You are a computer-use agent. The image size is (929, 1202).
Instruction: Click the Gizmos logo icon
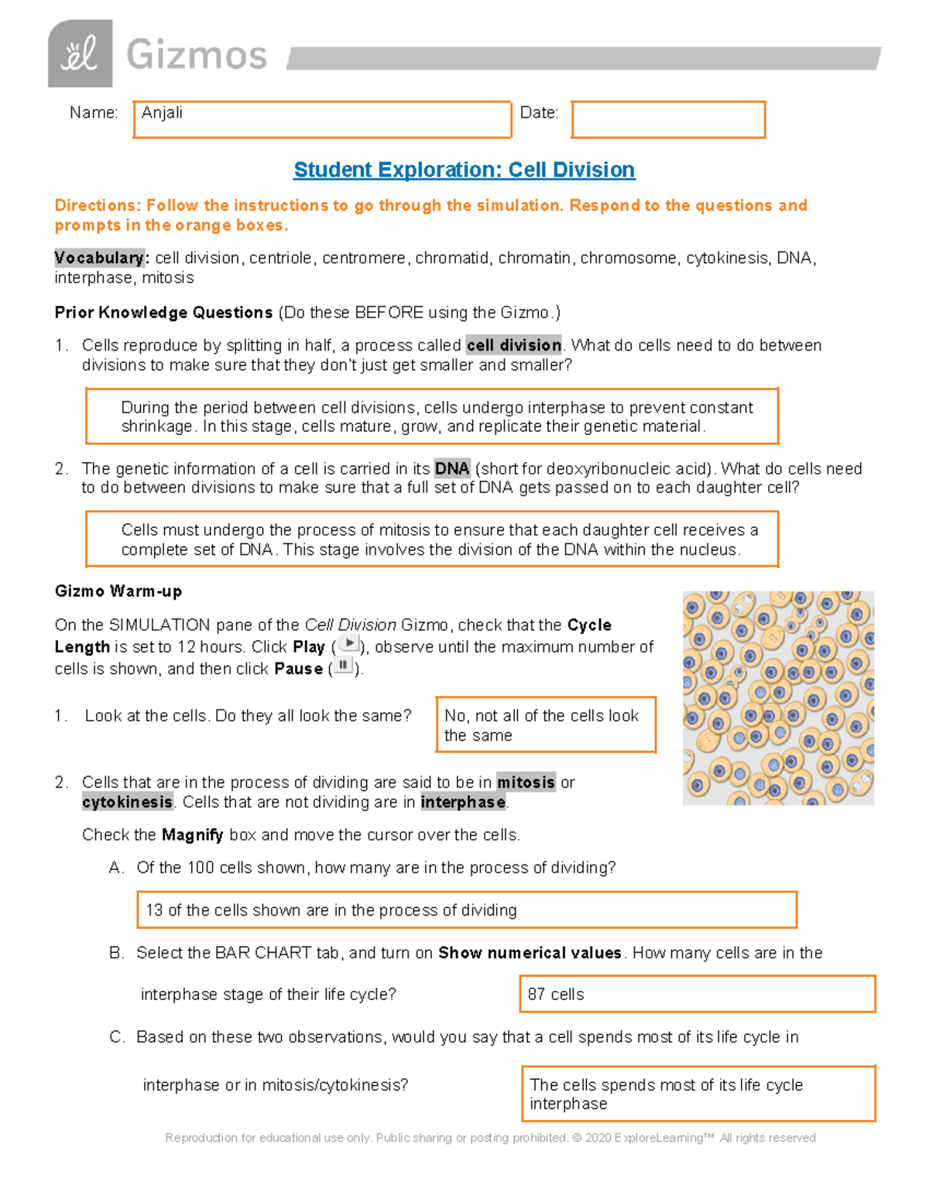click(x=80, y=54)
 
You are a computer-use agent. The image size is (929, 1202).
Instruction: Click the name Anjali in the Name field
click(x=162, y=113)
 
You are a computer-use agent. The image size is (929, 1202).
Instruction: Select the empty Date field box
click(x=668, y=120)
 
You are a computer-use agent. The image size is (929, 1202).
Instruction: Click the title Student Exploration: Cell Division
click(x=464, y=170)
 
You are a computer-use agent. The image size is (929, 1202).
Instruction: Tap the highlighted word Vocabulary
click(x=100, y=258)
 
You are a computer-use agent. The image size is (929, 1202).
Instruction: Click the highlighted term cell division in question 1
click(x=513, y=345)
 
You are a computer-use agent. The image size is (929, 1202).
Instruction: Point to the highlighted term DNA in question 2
click(x=451, y=468)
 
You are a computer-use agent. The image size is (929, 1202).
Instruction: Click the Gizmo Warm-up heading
click(x=118, y=591)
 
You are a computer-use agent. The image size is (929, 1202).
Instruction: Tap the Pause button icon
click(x=343, y=666)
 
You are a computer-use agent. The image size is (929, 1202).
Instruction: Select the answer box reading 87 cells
click(x=697, y=994)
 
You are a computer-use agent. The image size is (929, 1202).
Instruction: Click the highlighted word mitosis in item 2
click(x=526, y=782)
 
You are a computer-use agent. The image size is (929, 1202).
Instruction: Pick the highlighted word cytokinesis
click(x=128, y=803)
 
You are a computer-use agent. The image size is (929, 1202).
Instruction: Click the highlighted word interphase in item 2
click(x=463, y=803)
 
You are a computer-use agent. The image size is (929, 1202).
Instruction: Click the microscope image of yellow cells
click(x=778, y=698)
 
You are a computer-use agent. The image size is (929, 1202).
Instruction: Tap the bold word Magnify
click(x=192, y=835)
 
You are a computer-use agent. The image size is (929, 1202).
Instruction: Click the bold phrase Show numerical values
click(x=530, y=953)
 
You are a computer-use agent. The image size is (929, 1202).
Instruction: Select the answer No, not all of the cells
click(x=546, y=725)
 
